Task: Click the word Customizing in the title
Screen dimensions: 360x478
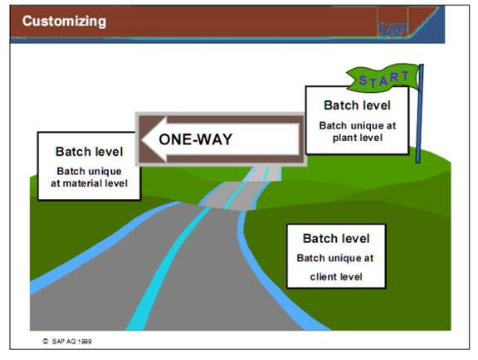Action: pos(64,21)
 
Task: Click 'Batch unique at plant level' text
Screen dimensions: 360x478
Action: pos(357,131)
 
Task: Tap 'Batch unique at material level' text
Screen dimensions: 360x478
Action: pos(87,176)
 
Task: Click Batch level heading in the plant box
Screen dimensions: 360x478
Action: pos(357,105)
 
